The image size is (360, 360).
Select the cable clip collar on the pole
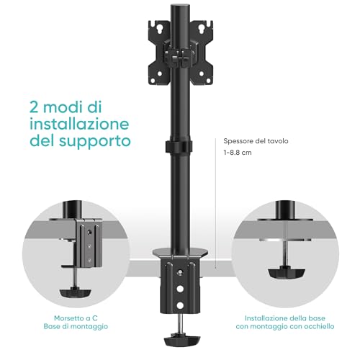[x=177, y=147]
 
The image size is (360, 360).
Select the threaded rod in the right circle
[x=287, y=248]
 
